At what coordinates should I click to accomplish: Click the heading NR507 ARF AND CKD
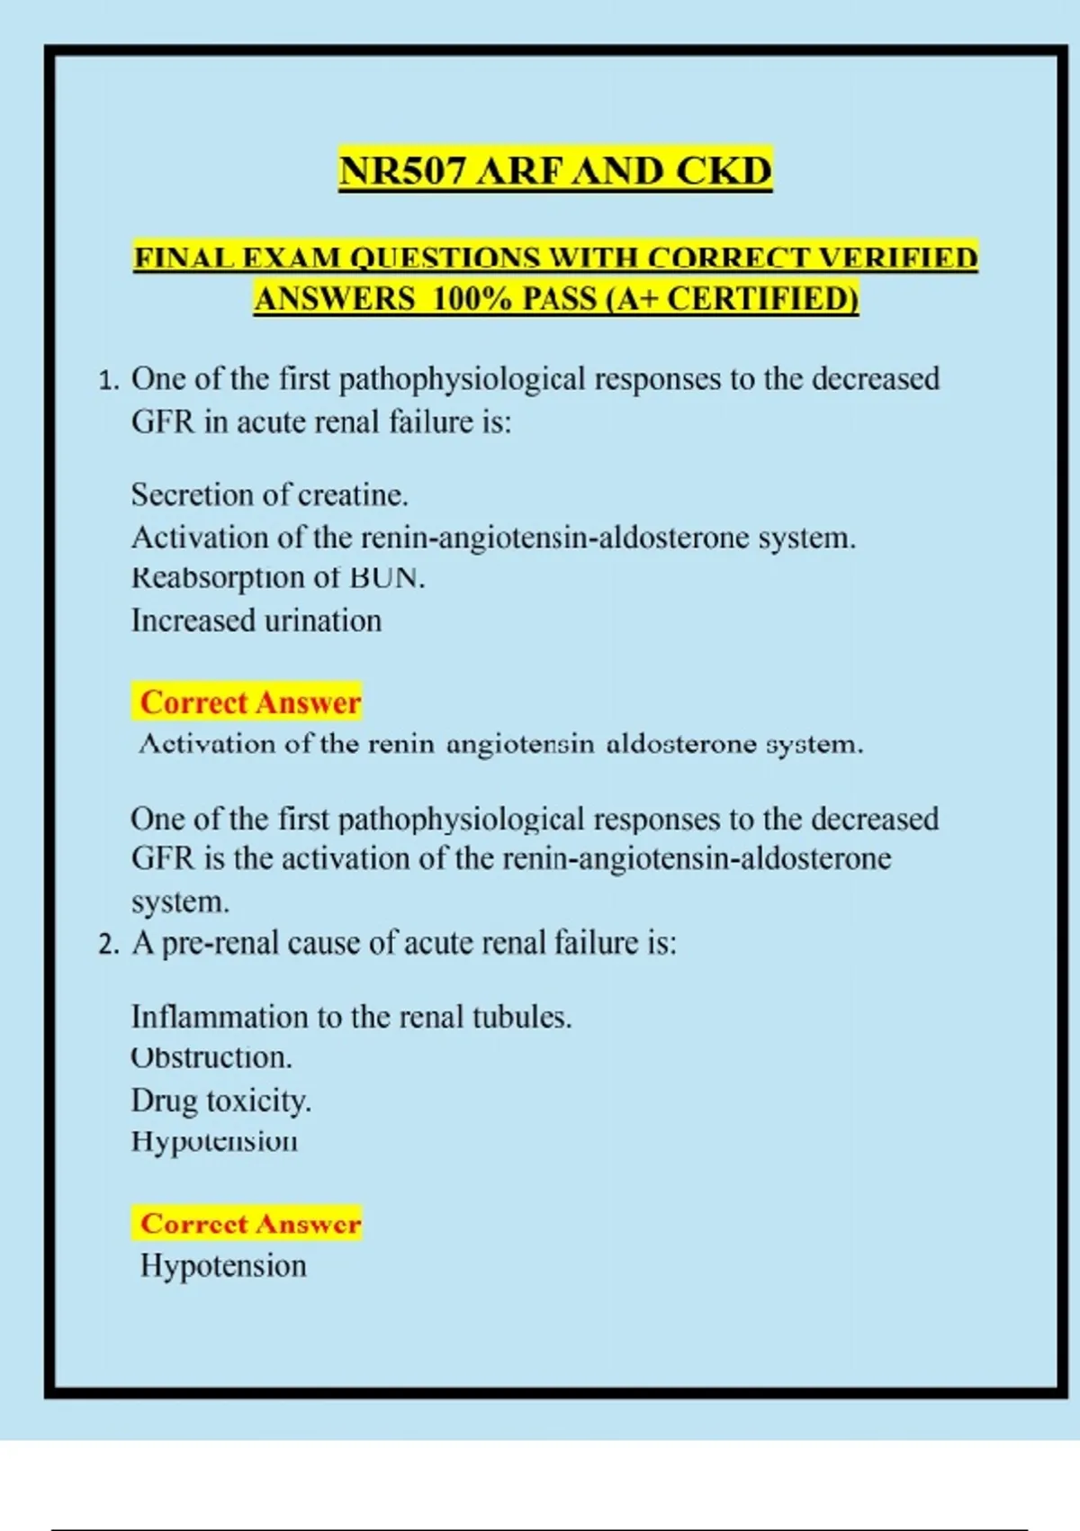[x=555, y=171]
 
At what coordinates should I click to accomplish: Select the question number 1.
[x=108, y=381]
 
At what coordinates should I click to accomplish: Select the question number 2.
[x=108, y=945]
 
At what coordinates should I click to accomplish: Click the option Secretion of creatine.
[x=269, y=494]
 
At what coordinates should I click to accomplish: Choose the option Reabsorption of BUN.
[x=277, y=577]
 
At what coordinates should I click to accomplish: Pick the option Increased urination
[x=256, y=621]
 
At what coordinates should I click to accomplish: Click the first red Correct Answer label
[x=249, y=702]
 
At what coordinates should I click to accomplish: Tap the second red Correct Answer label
[x=249, y=1224]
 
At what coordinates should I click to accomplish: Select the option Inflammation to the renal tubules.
[x=351, y=1017]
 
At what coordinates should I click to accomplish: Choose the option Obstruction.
[x=211, y=1057]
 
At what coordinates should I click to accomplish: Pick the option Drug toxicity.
[x=221, y=1101]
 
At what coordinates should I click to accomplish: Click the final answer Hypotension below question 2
[x=223, y=1265]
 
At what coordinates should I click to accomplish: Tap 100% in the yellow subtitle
[x=472, y=299]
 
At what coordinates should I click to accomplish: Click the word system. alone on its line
[x=180, y=901]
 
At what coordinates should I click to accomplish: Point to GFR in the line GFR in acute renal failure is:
[x=163, y=421]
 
